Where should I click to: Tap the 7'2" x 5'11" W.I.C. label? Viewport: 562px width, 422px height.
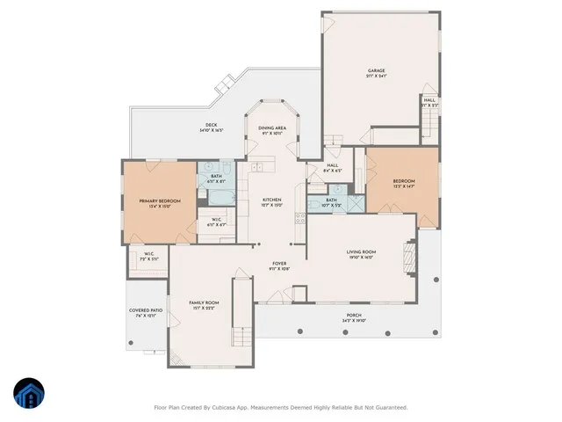149,257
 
